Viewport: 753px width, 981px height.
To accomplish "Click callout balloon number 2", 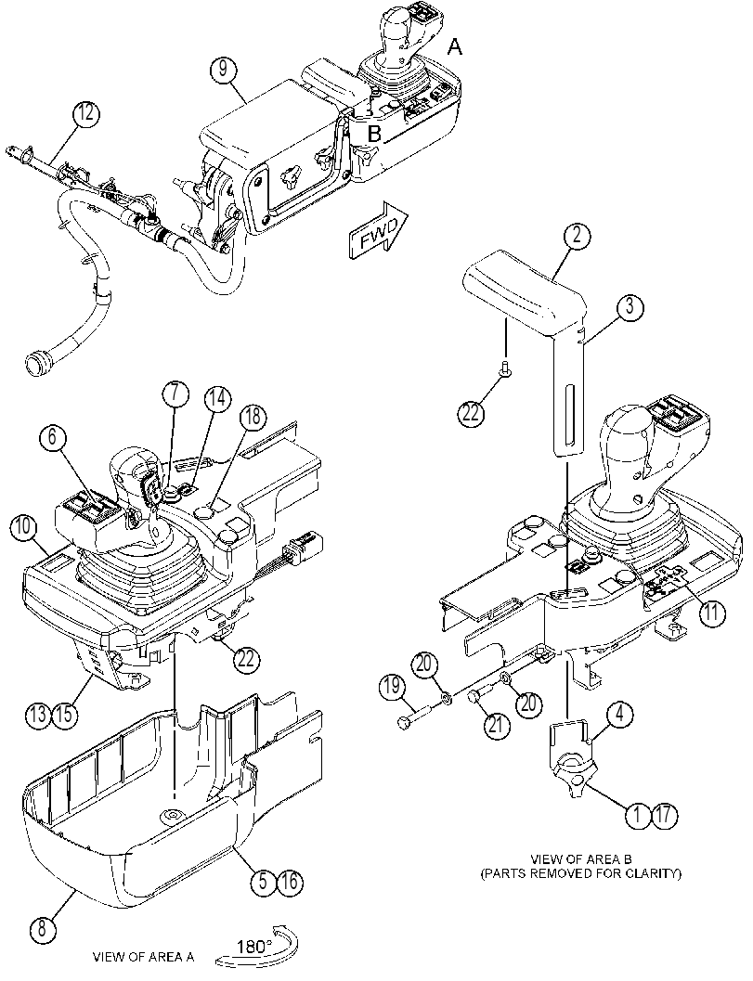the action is pyautogui.click(x=577, y=235).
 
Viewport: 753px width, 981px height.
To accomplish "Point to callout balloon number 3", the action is pyautogui.click(x=630, y=307).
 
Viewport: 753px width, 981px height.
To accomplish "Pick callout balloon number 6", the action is pyautogui.click(x=52, y=437).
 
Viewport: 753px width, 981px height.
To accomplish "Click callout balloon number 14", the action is pyautogui.click(x=216, y=399).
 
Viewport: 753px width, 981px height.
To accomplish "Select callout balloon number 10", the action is pyautogui.click(x=23, y=527).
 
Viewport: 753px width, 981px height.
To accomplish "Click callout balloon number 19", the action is pyautogui.click(x=392, y=687).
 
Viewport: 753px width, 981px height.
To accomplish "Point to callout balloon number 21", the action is pyautogui.click(x=497, y=724).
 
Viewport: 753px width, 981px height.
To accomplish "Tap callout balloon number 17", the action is pyautogui.click(x=666, y=815).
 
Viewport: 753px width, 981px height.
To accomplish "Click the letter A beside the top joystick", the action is pyautogui.click(x=456, y=45).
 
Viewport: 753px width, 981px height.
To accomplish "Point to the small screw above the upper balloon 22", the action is pyautogui.click(x=505, y=371).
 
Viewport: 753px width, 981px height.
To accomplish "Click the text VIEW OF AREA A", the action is pyautogui.click(x=143, y=957).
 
